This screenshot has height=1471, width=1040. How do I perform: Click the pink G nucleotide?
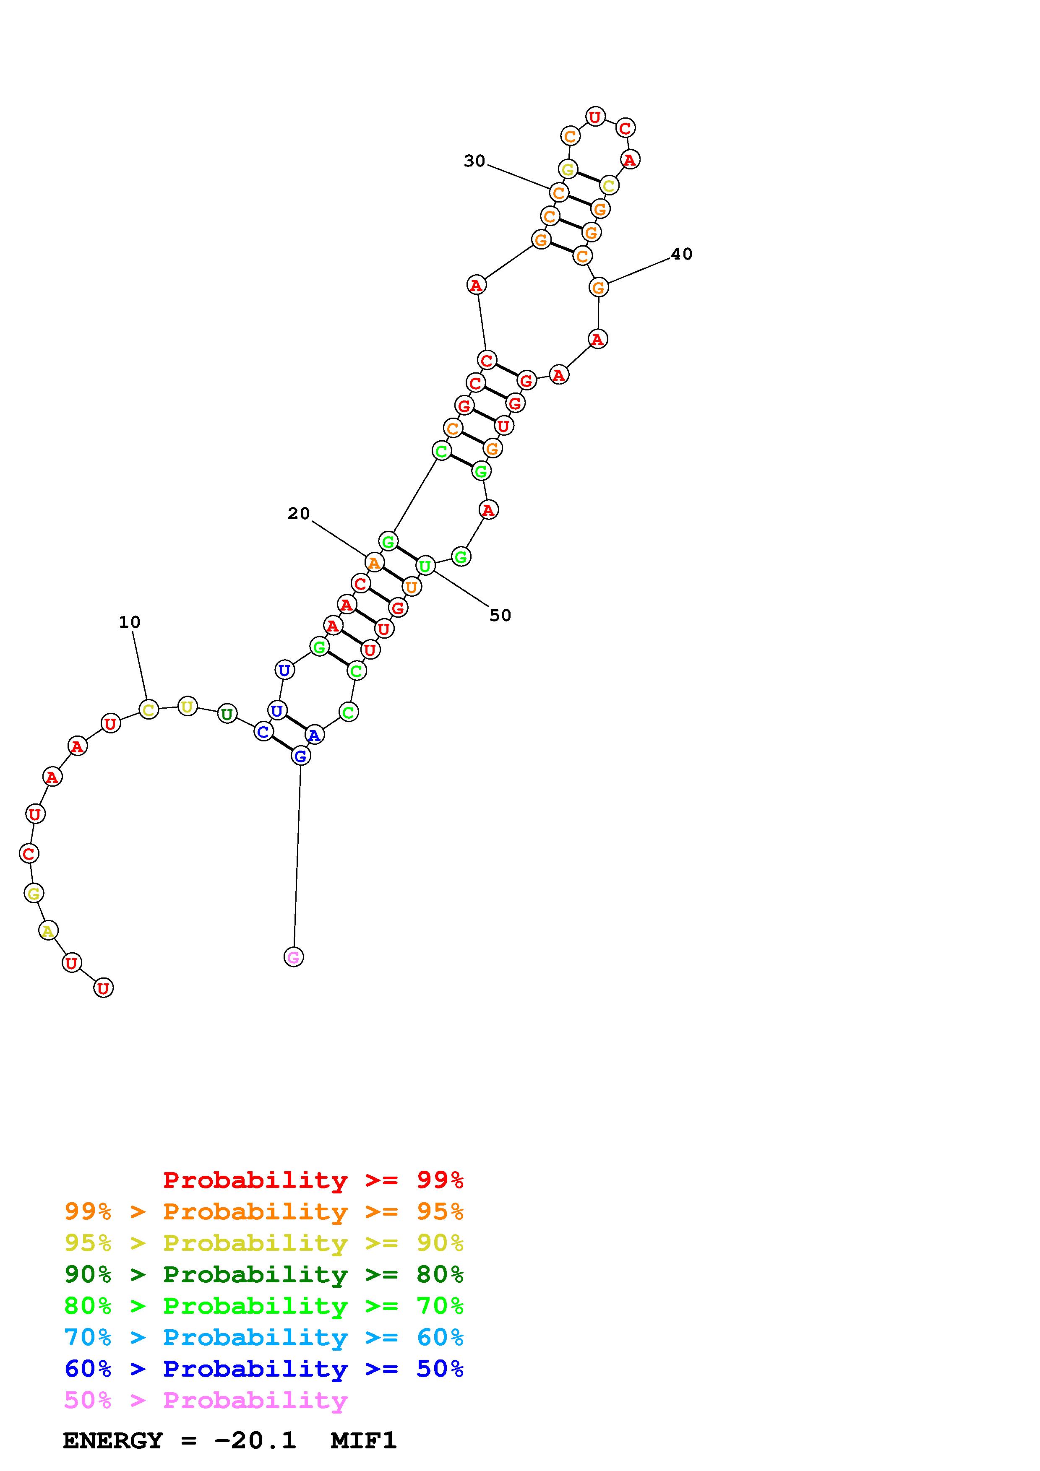294,957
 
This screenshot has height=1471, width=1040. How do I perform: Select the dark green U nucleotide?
227,714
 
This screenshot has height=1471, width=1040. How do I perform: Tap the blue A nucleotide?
314,735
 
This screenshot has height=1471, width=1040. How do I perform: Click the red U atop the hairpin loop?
595,117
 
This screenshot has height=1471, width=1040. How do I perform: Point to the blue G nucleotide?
300,756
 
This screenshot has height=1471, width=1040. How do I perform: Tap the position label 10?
130,622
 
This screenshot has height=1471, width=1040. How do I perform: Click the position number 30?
475,161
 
